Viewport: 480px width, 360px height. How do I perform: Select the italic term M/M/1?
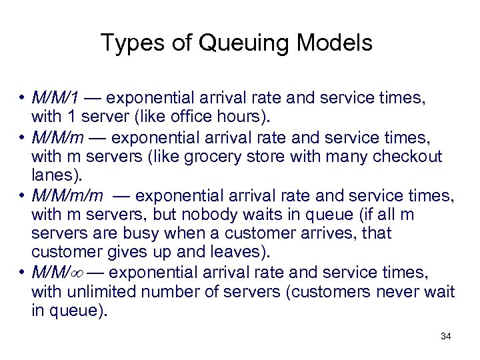tap(55, 99)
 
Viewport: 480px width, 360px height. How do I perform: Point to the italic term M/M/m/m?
tap(67, 195)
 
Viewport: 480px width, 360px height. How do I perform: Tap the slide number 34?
tap(445, 336)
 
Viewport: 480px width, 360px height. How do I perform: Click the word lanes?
tap(53, 175)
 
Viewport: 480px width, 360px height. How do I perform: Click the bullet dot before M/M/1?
tap(22, 99)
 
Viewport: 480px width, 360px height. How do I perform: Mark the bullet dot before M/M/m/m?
tap(22, 195)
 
